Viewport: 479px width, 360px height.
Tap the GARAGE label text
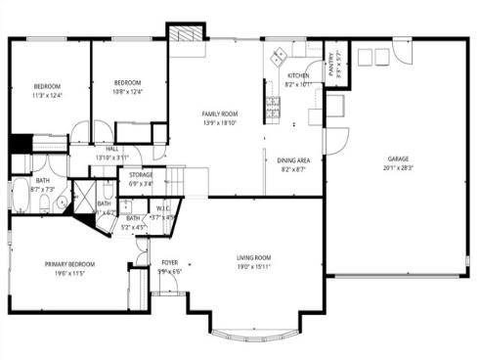[x=397, y=158]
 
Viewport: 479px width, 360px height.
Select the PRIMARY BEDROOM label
[x=68, y=264]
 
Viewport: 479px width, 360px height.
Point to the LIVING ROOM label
[x=253, y=258]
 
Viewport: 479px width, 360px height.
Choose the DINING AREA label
[x=293, y=160]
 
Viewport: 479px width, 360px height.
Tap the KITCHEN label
[x=297, y=75]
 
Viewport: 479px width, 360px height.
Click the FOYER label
[x=170, y=262]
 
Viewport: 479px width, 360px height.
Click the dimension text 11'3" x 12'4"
[x=47, y=96]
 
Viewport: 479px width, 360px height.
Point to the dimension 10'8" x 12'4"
[x=128, y=92]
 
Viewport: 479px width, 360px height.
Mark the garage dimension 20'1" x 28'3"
[x=397, y=167]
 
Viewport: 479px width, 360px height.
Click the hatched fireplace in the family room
[x=186, y=33]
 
